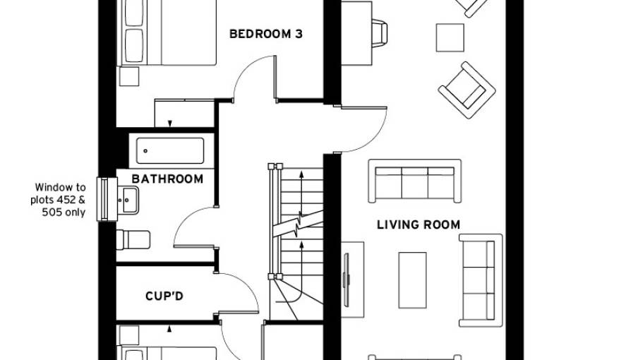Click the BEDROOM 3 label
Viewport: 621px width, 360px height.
pos(266,32)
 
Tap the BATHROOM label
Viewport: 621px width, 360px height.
pos(167,179)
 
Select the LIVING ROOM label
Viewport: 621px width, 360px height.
pos(418,225)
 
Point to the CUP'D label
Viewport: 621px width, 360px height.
pos(164,296)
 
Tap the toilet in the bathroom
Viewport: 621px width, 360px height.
pos(133,240)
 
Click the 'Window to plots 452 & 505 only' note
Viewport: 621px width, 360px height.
pos(61,200)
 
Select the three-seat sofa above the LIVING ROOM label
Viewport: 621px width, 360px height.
pos(414,181)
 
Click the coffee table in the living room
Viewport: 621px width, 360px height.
pos(412,280)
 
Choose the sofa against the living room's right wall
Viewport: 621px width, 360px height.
pos(481,280)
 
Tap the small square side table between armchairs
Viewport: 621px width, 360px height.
pos(450,37)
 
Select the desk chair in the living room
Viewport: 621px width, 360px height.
pos(378,32)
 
